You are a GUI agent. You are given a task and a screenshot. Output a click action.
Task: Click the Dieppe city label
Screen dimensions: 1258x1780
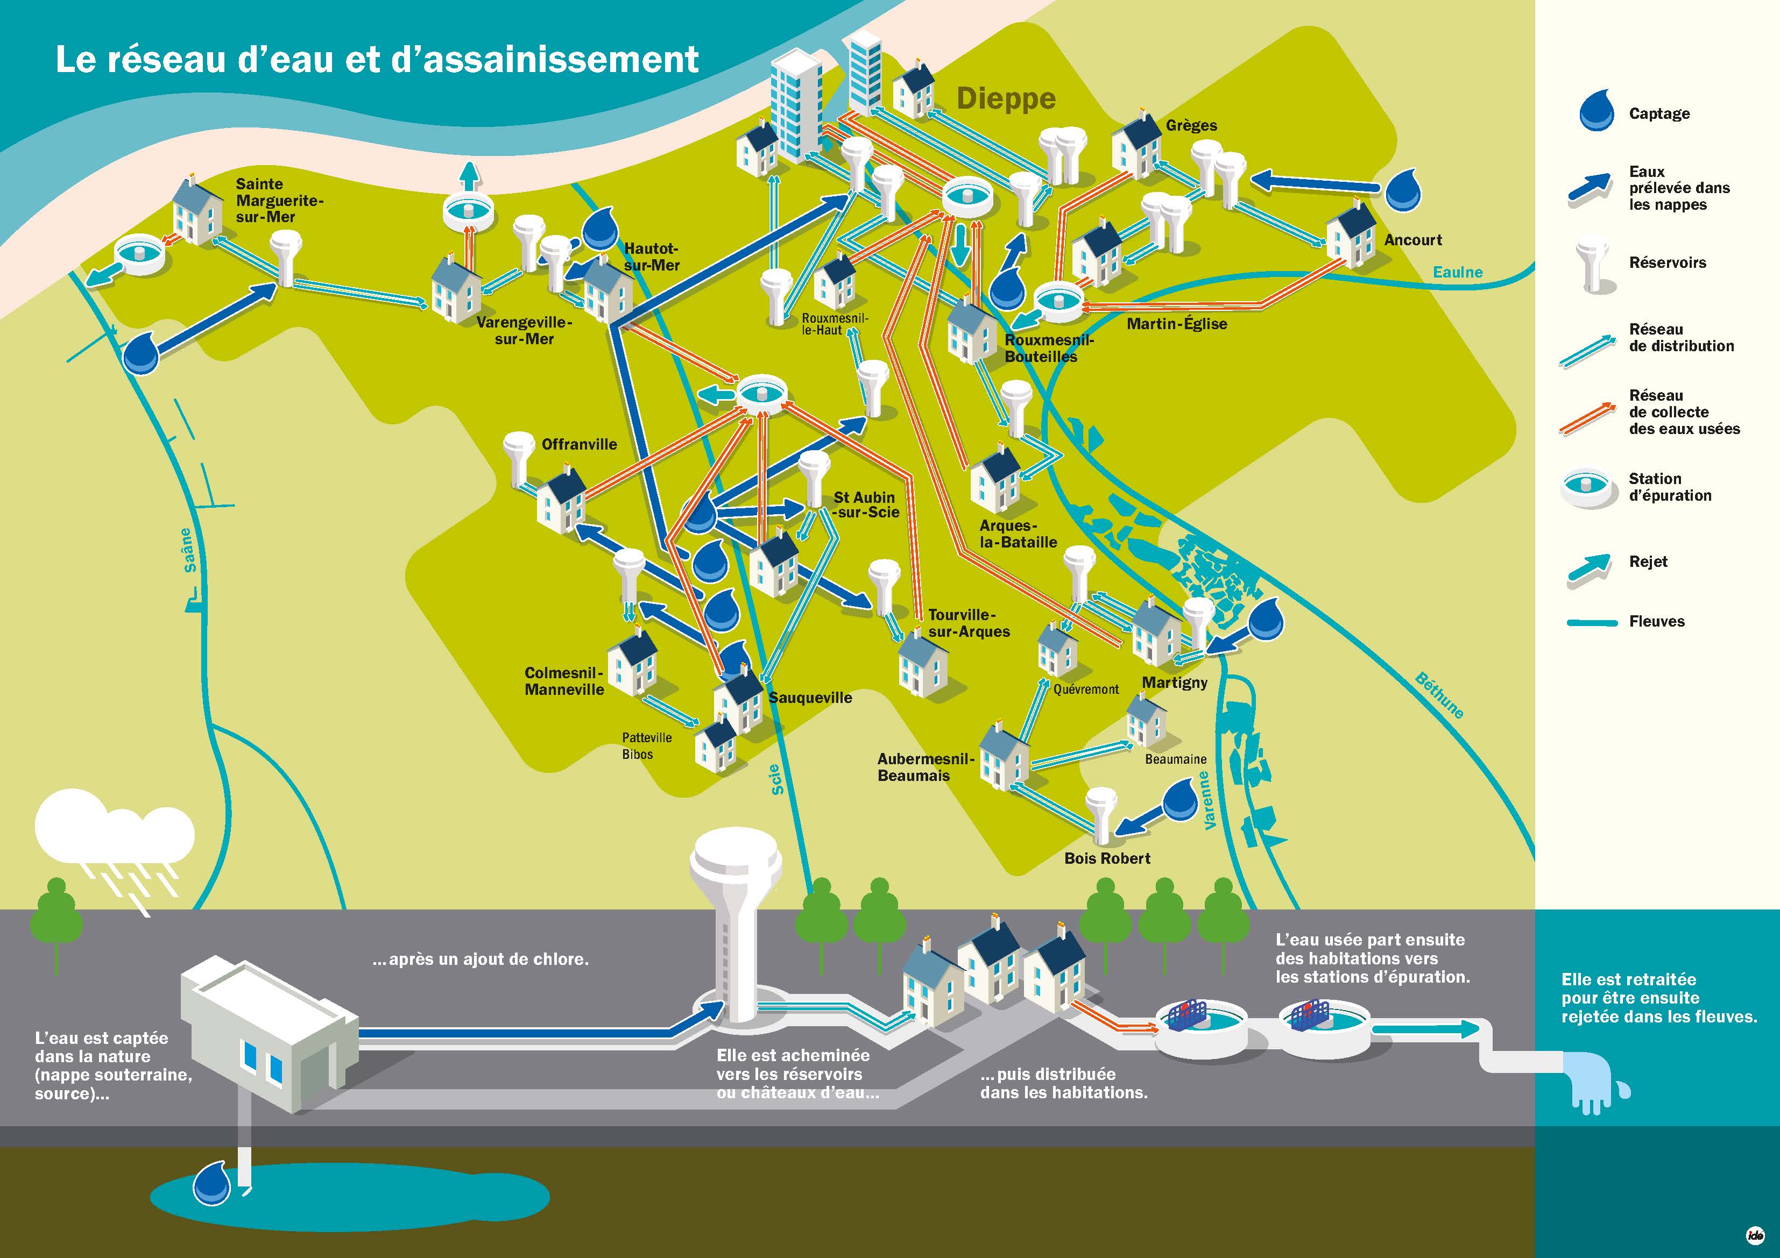[x=1006, y=98]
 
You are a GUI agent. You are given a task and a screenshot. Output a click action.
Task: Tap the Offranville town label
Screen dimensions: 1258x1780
[x=579, y=444]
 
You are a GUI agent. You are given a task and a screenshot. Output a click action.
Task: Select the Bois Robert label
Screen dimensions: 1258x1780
[x=1107, y=858]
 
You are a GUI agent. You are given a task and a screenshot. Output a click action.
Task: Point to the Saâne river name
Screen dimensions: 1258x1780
[x=187, y=550]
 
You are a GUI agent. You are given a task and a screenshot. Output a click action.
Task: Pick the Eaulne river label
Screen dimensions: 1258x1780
[x=1458, y=272]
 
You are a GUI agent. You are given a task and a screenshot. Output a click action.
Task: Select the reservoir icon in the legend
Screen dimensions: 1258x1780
[x=1592, y=264]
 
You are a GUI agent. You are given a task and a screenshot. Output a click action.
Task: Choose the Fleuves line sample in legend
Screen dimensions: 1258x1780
[x=1592, y=622]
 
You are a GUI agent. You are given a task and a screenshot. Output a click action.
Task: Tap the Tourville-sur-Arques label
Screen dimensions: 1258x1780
[x=969, y=623]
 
